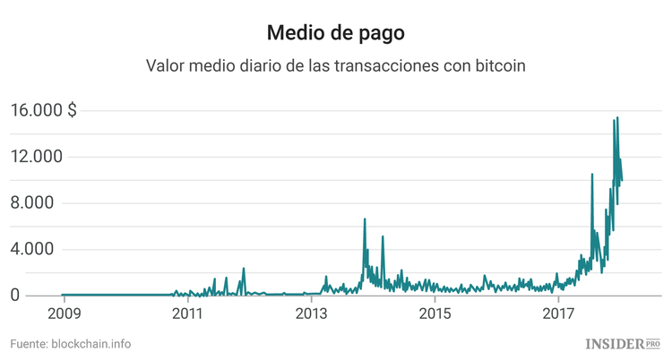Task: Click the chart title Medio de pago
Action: point(336,33)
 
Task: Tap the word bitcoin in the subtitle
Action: point(497,66)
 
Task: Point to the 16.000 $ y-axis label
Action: point(43,110)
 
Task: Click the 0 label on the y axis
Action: point(15,296)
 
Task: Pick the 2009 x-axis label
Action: point(63,313)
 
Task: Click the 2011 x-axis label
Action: point(186,313)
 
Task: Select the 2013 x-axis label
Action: point(311,313)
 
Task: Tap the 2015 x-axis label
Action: point(435,313)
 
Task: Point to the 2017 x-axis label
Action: point(559,313)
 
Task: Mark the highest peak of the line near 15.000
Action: point(617,118)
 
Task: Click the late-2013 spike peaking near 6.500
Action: point(365,219)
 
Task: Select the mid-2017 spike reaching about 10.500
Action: point(592,175)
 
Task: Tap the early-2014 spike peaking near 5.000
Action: point(383,237)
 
